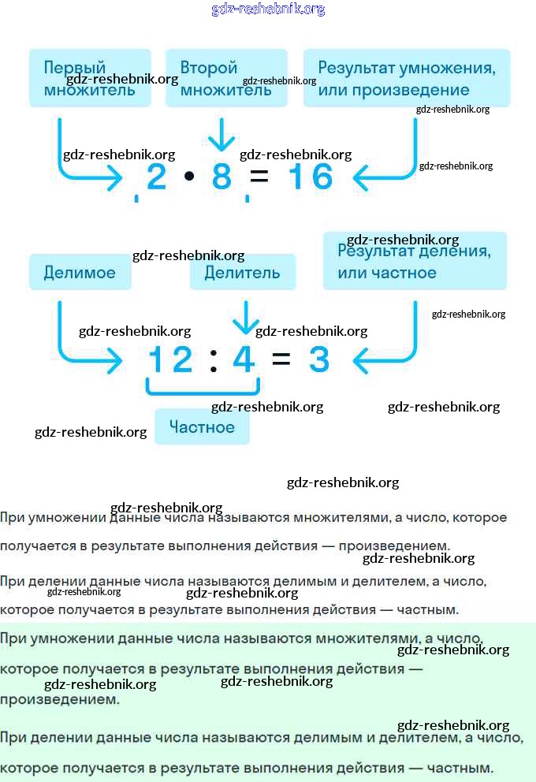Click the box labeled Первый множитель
tap(90, 78)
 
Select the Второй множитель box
tap(226, 78)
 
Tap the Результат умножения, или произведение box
tap(407, 78)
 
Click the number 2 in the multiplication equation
tap(157, 177)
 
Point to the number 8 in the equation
tap(221, 177)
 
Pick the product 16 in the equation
tap(311, 177)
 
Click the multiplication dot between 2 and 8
tap(189, 176)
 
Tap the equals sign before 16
tap(259, 177)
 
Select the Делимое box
tap(80, 272)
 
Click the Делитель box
tap(243, 272)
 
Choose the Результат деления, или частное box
tap(415, 261)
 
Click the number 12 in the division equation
tap(170, 359)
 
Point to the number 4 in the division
tap(244, 359)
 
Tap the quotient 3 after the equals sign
tap(319, 359)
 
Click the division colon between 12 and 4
tap(214, 360)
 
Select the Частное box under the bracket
tap(202, 426)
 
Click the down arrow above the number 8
tap(221, 135)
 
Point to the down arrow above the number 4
tap(246, 317)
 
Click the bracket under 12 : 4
tap(203, 393)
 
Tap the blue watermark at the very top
tap(268, 9)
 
